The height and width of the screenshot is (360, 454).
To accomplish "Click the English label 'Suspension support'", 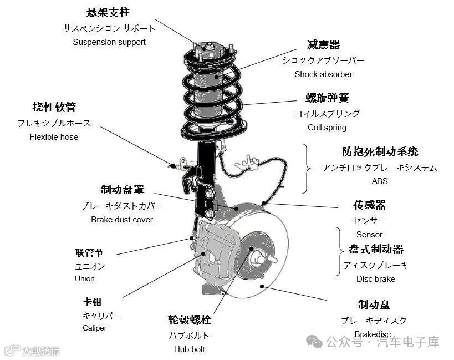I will click(109, 42).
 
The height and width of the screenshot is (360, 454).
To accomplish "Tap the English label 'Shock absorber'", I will click(323, 74).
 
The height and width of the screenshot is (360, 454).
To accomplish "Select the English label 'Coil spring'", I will click(327, 128).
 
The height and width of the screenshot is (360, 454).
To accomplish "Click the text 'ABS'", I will click(380, 181).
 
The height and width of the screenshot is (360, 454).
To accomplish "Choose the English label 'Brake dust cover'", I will click(121, 220).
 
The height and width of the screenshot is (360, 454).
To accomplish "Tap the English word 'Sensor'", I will click(369, 235).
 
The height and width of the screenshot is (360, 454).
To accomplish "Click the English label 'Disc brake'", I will click(375, 279).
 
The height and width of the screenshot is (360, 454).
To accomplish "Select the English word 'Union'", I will click(85, 279).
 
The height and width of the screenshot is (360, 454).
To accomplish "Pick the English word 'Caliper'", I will click(94, 328).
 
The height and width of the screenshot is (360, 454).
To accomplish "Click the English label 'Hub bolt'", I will click(189, 349).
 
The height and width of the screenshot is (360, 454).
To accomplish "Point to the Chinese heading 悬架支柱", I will click(109, 12).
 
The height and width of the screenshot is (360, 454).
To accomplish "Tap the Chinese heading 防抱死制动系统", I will click(380, 151).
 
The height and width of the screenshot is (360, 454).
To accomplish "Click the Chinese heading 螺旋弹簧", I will click(327, 98).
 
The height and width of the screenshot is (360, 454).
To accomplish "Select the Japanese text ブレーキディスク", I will click(373, 321).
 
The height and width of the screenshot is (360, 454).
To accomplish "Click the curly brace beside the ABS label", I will click(307, 168).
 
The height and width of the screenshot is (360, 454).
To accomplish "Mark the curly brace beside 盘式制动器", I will click(338, 251).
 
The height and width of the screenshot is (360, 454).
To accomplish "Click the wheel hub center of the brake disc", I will click(259, 257).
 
